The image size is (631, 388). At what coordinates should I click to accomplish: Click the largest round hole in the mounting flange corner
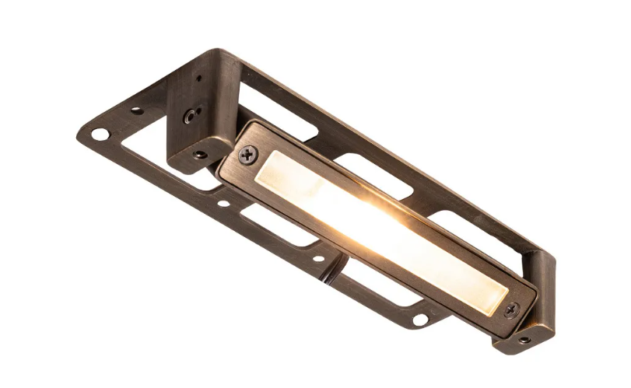click(100, 134)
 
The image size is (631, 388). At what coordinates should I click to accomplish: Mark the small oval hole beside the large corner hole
click(137, 110)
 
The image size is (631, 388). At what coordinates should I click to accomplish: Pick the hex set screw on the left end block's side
click(190, 115)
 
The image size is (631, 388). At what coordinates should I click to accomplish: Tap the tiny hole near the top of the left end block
click(198, 78)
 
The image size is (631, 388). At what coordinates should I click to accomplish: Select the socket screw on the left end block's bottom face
click(201, 154)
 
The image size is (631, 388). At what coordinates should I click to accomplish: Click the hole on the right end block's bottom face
click(524, 339)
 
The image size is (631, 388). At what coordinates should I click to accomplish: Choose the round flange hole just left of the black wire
click(317, 258)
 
